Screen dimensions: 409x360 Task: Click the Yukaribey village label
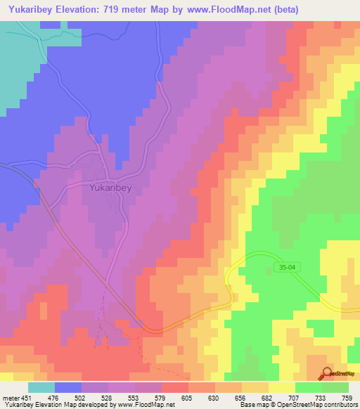110,188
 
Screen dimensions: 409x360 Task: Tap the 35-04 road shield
283,268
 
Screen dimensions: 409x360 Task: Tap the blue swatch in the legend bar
68,387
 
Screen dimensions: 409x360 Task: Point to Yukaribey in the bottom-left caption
18,405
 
